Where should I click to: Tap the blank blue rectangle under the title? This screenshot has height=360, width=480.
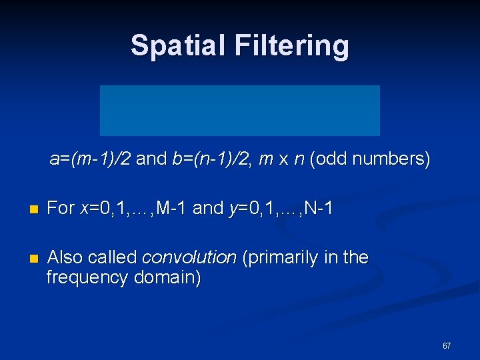point(240,111)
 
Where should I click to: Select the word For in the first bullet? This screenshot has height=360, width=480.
point(61,209)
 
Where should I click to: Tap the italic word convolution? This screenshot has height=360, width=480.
point(189,257)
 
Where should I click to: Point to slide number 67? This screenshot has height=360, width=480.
point(447,346)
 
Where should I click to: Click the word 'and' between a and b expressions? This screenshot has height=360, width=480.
point(151,160)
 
